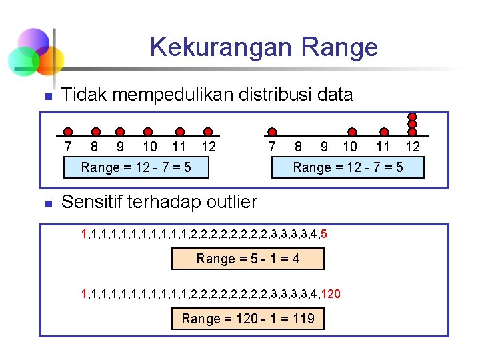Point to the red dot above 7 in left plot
(x=69, y=132)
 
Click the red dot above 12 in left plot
(x=208, y=132)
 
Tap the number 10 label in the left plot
(x=150, y=147)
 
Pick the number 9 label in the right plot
(x=323, y=147)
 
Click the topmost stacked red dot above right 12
(x=413, y=117)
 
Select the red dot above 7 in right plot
(x=271, y=132)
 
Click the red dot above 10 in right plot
(x=352, y=132)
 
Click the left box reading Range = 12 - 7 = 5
(x=136, y=167)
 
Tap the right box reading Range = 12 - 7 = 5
(x=348, y=167)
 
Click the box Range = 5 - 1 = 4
(x=248, y=259)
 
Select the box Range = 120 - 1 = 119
(x=248, y=319)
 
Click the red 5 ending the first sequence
(x=323, y=234)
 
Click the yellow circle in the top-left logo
(x=51, y=59)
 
